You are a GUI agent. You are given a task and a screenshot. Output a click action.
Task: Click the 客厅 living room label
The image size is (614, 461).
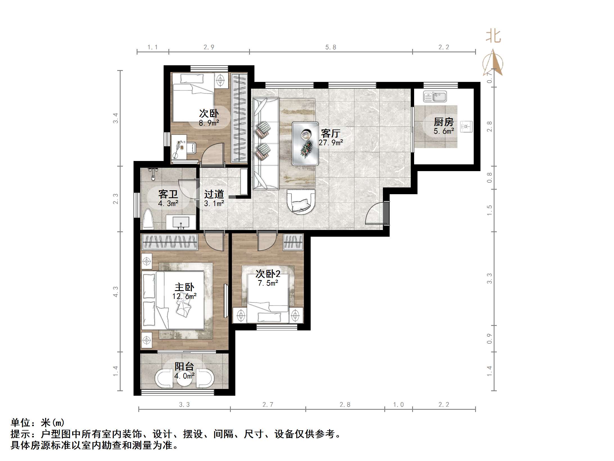(x=330, y=133)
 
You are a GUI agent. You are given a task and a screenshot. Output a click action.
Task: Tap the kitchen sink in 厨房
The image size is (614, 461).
(x=435, y=97)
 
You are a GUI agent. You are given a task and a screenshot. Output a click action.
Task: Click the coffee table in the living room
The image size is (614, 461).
(x=305, y=144)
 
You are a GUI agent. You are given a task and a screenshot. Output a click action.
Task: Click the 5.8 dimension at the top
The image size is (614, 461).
(x=331, y=47)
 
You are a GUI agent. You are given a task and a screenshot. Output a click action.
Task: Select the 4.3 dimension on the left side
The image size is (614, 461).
(x=116, y=292)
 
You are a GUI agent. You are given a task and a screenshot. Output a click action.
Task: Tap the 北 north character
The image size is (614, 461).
(x=493, y=37)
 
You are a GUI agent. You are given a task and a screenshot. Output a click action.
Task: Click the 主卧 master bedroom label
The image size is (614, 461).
(x=184, y=287)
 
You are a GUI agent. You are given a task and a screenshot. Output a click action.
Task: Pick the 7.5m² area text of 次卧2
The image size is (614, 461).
(x=268, y=283)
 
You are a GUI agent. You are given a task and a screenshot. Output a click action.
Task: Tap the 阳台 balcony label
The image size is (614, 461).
(x=184, y=366)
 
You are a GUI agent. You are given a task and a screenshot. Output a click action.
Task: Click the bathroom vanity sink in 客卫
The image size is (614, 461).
(x=181, y=222)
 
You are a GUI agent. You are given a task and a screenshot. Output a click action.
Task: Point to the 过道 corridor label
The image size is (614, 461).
(x=214, y=194)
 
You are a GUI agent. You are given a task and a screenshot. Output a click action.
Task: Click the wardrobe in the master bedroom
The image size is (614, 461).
(x=170, y=242)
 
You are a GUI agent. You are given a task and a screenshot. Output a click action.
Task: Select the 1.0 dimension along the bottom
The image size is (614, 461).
(x=398, y=405)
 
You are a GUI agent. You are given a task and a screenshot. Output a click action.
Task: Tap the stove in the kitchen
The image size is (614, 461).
(x=466, y=127)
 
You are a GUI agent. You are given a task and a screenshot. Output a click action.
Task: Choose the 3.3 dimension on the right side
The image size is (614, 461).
(x=489, y=278)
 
